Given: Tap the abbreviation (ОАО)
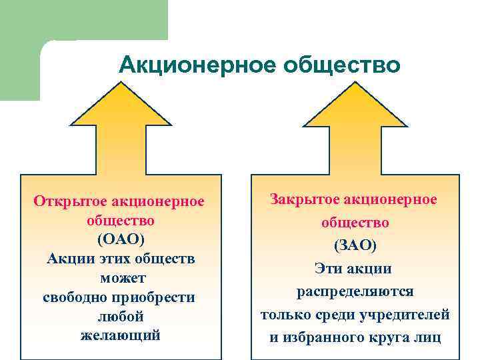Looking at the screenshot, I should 121,238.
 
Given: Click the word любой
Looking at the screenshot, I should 121,315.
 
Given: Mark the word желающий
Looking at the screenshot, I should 121,335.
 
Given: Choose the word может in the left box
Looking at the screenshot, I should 121,277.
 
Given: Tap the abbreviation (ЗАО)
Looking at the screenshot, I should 355,245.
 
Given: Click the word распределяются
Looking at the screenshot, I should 355,291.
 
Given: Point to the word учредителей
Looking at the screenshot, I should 408,314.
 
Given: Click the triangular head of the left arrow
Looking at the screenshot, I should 121,110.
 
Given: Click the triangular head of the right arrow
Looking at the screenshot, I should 355,110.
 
